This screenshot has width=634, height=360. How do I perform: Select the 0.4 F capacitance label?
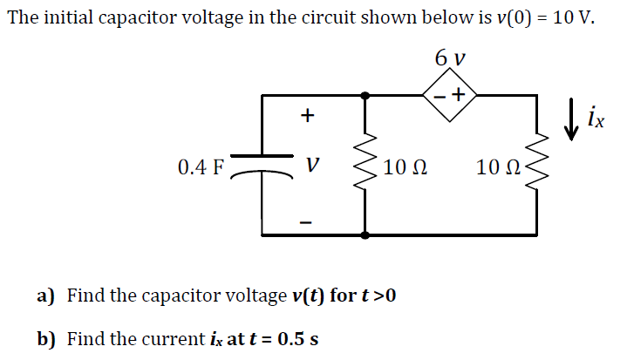[x=200, y=166]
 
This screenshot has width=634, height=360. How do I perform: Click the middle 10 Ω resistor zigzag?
[x=365, y=166]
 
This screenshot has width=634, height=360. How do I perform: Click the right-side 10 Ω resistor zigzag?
[x=536, y=166]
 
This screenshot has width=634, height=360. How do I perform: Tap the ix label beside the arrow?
[x=595, y=115]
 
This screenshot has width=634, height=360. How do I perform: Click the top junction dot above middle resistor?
[x=365, y=96]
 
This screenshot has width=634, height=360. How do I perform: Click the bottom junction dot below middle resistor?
[x=365, y=234]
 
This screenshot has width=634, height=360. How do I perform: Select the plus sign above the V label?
[x=306, y=115]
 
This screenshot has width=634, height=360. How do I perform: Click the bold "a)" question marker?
[x=46, y=295]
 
